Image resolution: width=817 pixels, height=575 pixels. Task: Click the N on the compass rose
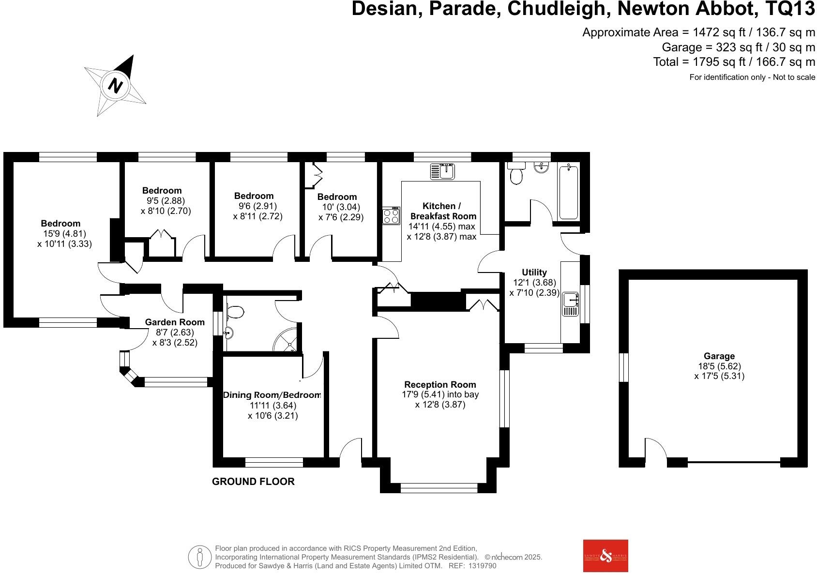coord(115,85)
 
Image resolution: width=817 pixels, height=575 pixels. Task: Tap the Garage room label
coord(719,356)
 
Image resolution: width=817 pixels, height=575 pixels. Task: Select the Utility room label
coord(534,272)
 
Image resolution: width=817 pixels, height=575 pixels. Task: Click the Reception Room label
coord(440,385)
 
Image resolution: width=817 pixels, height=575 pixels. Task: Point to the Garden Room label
coord(175,322)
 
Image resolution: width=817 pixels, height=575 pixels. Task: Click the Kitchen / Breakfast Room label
coord(442,211)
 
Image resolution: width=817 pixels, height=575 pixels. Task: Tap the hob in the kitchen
coord(391,215)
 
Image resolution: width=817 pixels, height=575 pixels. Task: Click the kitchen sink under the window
coord(443,171)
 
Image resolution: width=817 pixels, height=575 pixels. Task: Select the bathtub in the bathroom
coord(568,192)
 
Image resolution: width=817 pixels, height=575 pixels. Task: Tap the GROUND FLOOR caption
coord(253,482)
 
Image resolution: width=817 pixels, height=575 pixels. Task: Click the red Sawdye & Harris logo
coord(605,556)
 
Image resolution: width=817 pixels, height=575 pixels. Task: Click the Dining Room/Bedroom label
coord(272,395)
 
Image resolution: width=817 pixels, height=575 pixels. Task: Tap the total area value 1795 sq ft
coord(711,62)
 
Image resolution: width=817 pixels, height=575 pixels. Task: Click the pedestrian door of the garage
coord(656,450)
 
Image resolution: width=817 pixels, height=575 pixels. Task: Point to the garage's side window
coord(624,367)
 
